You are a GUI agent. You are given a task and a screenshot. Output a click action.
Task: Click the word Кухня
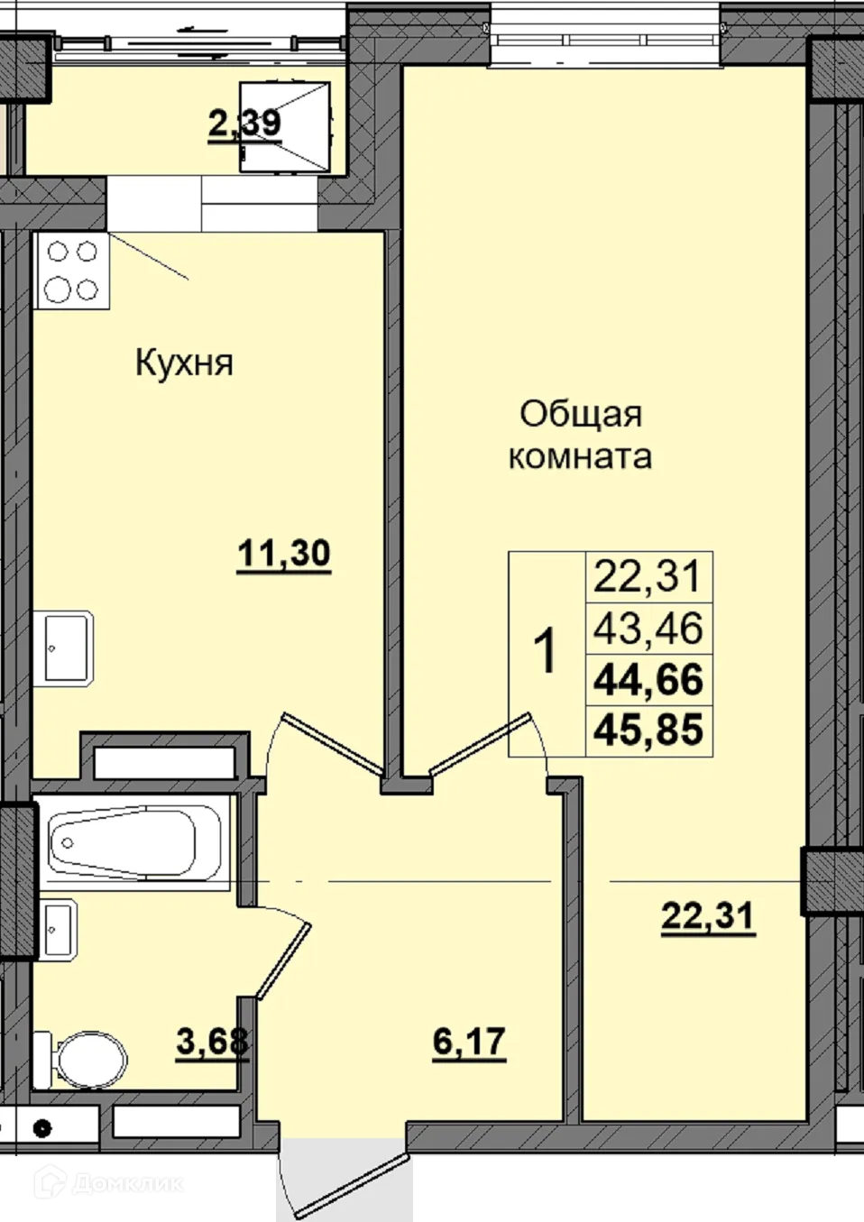click(184, 363)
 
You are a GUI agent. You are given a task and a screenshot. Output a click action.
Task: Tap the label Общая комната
click(580, 435)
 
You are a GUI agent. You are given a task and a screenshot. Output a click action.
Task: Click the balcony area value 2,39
click(244, 124)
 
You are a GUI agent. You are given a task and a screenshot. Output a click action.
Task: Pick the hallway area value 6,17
click(469, 1043)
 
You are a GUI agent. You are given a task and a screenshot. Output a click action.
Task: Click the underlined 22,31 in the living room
click(708, 917)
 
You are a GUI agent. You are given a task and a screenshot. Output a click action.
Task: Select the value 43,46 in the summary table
click(648, 628)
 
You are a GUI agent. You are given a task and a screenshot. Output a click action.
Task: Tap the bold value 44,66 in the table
click(648, 679)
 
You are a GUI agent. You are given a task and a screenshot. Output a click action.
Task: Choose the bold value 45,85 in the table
click(648, 730)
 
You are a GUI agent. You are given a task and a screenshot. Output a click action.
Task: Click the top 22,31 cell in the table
click(648, 576)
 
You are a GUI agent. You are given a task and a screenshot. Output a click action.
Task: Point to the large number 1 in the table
click(547, 653)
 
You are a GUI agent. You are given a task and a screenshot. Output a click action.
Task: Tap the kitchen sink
click(66, 648)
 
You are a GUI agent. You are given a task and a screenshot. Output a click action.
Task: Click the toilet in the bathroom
click(82, 1057)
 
